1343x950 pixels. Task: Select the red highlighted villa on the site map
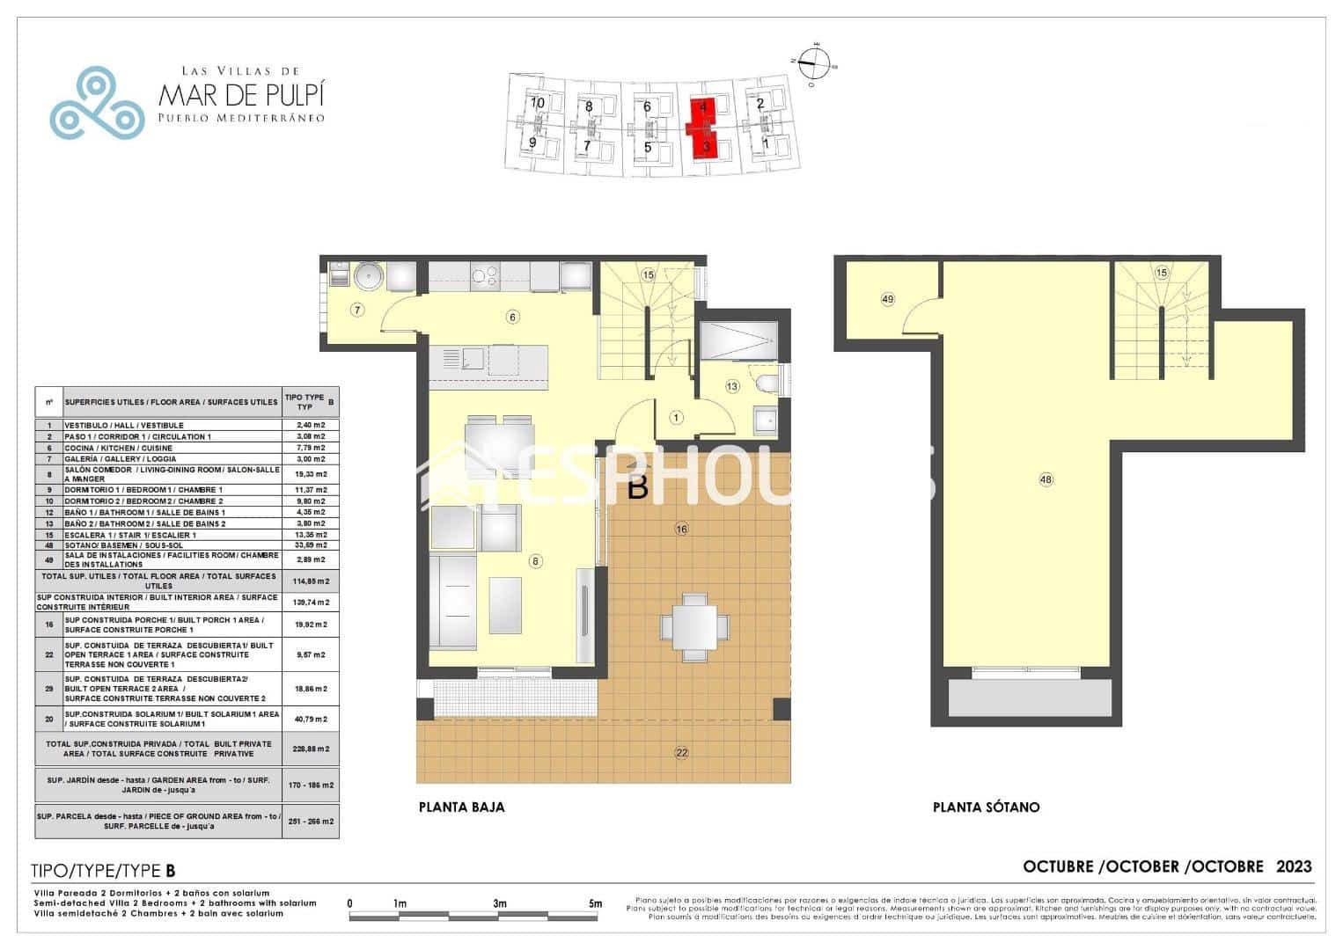point(706,128)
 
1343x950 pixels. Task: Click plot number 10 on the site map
point(538,102)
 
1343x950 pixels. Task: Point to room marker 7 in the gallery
point(356,310)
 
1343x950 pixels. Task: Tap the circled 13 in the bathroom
point(732,386)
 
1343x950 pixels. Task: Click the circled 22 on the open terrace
point(681,752)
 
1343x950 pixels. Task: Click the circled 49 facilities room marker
point(887,300)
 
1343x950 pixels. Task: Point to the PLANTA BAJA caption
point(461,807)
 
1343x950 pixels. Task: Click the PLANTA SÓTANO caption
point(986,807)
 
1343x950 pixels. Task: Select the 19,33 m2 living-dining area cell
point(310,473)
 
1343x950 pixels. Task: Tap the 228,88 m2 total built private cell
point(310,749)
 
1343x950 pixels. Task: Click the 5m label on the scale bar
point(595,903)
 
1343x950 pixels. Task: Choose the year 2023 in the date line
point(1294,866)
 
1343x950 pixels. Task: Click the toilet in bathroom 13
point(764,384)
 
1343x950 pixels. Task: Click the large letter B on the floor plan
point(638,487)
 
